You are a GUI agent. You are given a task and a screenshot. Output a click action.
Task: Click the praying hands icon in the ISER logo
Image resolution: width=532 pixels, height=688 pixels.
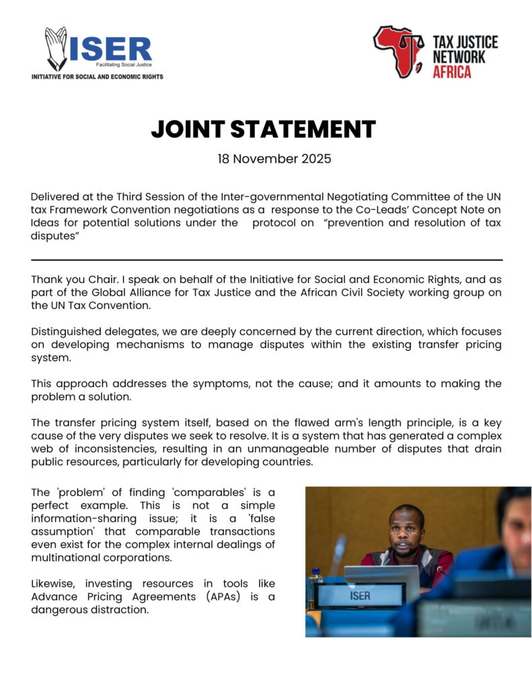point(56,48)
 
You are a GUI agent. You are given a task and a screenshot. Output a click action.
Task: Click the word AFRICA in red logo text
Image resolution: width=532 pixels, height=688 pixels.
point(451,72)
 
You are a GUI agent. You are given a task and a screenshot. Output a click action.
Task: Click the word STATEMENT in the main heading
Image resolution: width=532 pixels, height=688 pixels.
point(309,129)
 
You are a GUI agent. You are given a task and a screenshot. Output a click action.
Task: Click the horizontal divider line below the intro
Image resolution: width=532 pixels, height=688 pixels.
point(266,259)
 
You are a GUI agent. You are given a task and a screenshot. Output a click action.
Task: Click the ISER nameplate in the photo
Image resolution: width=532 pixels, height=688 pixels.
point(360,595)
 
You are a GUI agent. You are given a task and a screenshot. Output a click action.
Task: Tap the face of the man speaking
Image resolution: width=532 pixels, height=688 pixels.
point(406,530)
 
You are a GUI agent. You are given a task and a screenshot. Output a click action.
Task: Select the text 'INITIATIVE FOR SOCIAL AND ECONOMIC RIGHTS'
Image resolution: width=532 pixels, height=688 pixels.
point(98,77)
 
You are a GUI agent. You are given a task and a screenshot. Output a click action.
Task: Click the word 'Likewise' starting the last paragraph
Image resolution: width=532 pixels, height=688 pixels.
point(52,583)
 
